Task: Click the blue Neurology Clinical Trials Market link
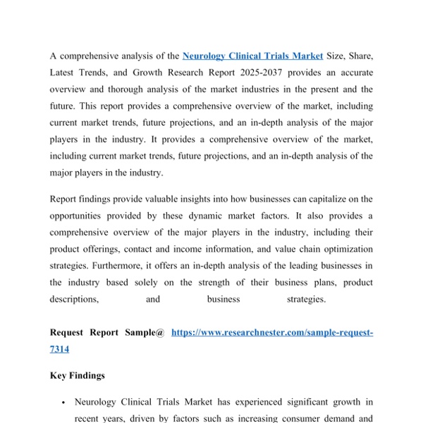coord(252,56)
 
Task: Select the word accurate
coord(353,73)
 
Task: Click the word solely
coord(159,283)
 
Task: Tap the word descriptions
coord(74,299)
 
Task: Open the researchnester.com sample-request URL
coord(272,332)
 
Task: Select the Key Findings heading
coord(78,376)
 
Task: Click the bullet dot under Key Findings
coord(63,403)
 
